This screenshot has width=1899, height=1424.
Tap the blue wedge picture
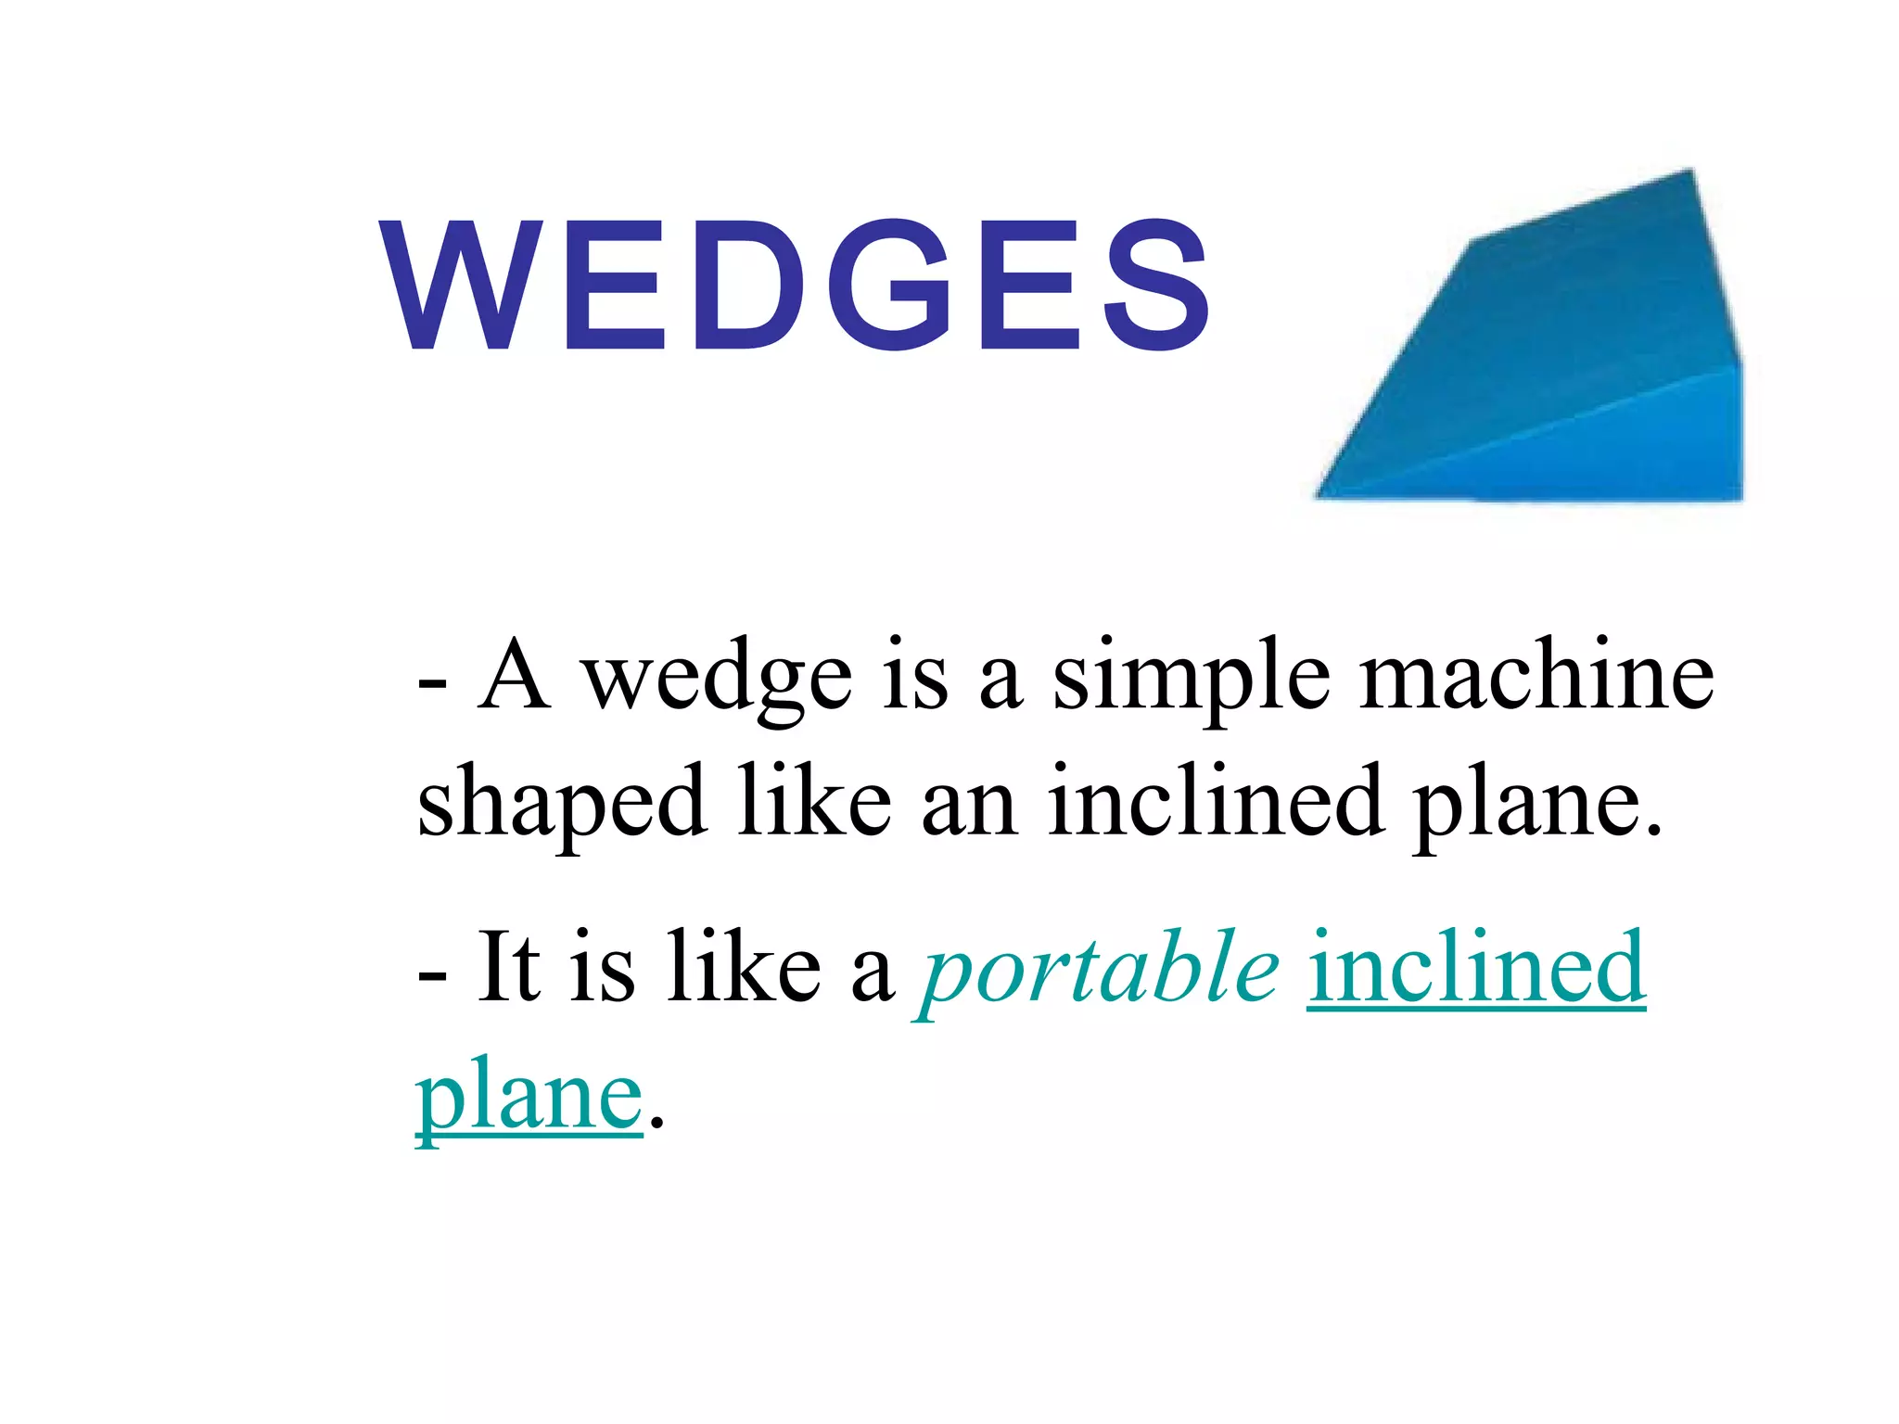1558,362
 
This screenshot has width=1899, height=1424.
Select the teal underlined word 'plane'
529,1099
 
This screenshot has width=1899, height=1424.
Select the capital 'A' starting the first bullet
515,677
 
